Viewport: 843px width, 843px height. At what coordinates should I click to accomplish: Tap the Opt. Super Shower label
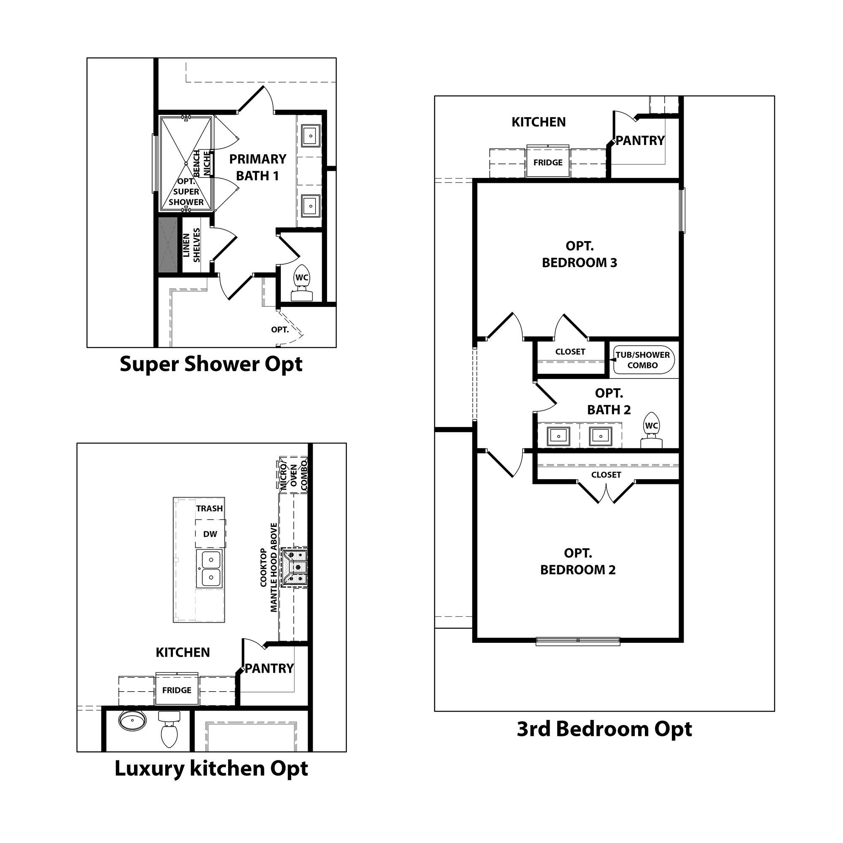coord(186,192)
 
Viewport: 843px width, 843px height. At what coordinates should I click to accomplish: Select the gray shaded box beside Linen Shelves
coord(168,245)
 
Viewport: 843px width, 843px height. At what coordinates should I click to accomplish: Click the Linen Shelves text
coord(191,245)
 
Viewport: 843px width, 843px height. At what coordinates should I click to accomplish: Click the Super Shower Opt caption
coord(211,364)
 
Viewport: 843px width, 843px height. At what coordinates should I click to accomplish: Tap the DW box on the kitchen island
coord(210,534)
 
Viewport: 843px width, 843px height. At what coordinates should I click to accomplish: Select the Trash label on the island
coord(209,508)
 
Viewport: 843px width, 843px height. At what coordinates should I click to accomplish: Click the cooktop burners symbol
coord(295,567)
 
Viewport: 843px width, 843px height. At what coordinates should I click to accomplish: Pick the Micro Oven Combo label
coord(294,475)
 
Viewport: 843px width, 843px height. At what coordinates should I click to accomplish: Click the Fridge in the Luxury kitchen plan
coord(177,690)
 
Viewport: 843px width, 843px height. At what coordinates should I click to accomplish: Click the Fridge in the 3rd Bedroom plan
coord(548,162)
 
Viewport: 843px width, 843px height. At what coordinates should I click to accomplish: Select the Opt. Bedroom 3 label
coord(580,255)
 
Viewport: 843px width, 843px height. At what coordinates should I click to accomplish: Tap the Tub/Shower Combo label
coord(643,360)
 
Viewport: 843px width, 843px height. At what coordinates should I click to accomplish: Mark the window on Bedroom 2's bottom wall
coord(578,641)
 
